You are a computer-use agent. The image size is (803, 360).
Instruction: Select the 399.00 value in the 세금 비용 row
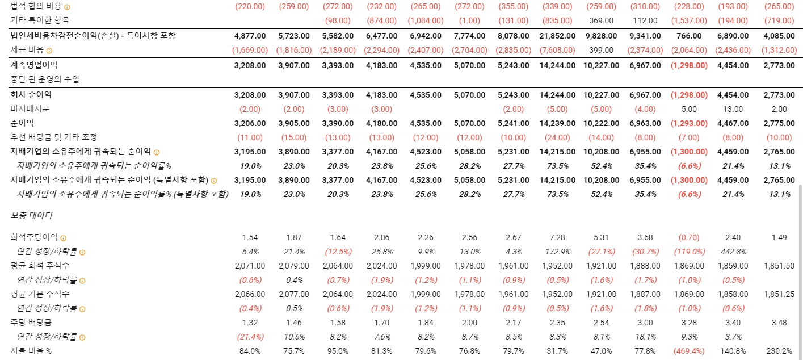pos(602,50)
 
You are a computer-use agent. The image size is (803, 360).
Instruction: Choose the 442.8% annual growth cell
pos(733,251)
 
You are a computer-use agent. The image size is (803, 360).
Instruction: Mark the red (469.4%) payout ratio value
pos(689,351)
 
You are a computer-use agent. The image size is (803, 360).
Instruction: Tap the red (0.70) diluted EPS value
pos(689,237)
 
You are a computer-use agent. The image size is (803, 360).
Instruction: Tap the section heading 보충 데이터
pos(32,216)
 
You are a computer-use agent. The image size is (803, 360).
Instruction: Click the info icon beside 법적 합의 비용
pos(67,7)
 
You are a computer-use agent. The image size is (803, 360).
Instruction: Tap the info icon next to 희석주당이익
pos(63,237)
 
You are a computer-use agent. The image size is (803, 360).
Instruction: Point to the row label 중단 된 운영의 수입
pos(45,79)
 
